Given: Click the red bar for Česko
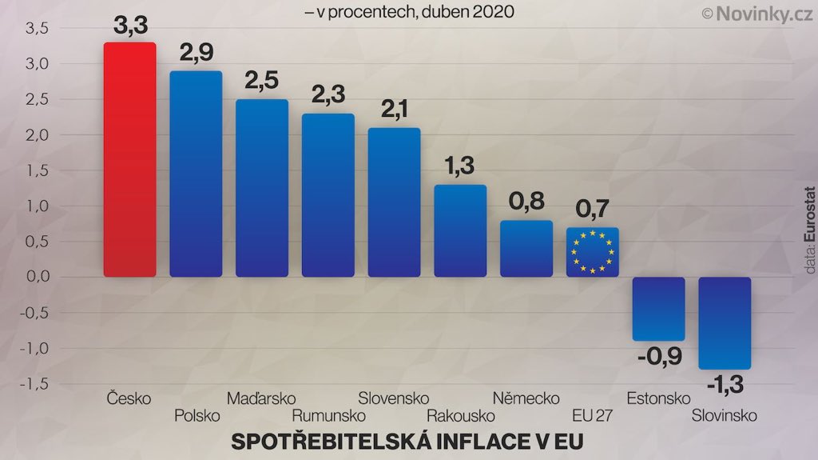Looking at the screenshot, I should pos(129,160).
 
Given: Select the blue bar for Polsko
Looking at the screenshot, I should pos(196,174).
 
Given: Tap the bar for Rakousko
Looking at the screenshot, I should pos(460,231).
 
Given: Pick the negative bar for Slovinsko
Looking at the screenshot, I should pos(725,323).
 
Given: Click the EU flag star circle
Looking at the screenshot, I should pos(592,251).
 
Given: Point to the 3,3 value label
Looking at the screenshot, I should pos(130,26).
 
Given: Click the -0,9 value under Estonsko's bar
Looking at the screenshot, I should pos(659,356).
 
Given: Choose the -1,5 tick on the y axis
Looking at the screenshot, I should pos(35,385).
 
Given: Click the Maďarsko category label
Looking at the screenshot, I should pos(261,398).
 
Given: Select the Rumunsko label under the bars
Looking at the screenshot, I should pos(328,415).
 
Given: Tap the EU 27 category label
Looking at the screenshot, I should pos(592,415).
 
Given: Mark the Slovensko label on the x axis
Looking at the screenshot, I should pos(393,398).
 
